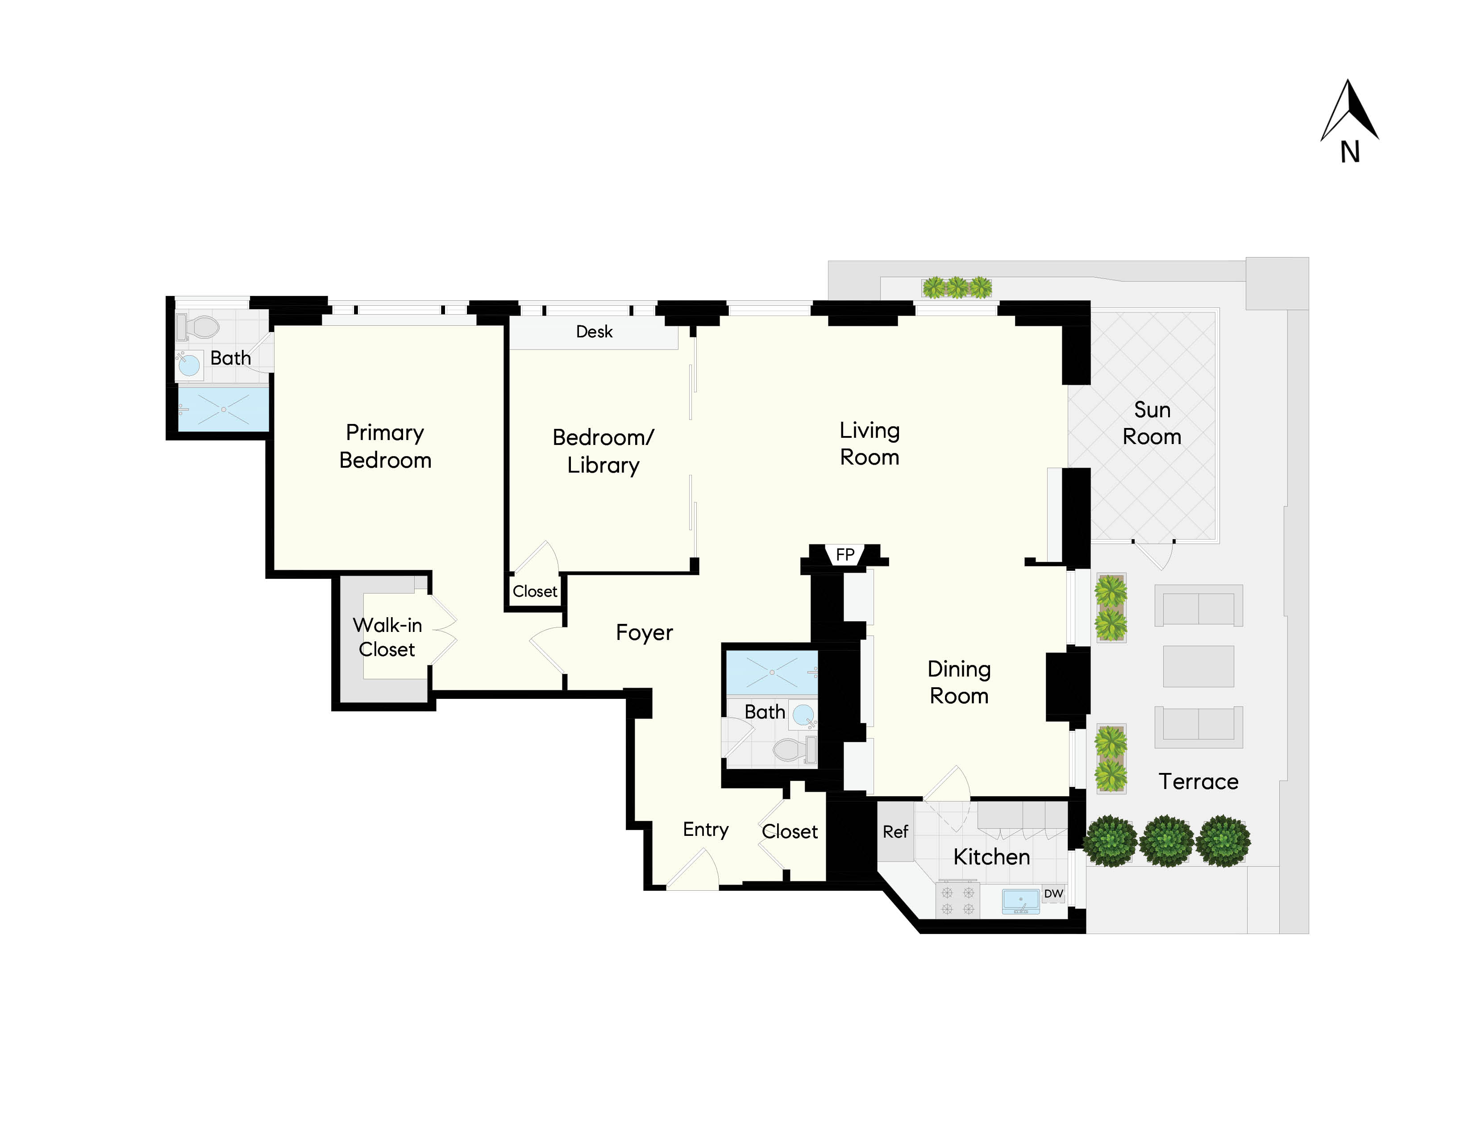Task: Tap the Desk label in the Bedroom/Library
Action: [x=594, y=332]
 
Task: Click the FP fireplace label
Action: [x=845, y=554]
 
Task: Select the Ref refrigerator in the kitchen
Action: [x=895, y=832]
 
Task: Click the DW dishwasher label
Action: [x=1053, y=894]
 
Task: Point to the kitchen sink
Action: [x=1020, y=901]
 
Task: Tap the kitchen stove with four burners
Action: [x=958, y=901]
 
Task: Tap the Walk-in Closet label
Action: [x=387, y=637]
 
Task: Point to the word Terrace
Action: [x=1198, y=781]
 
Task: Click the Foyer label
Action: [x=644, y=632]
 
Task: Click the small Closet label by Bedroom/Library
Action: [x=535, y=591]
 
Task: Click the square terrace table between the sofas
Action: [x=1198, y=666]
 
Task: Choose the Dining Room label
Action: [x=958, y=682]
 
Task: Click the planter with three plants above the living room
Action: [x=957, y=288]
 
